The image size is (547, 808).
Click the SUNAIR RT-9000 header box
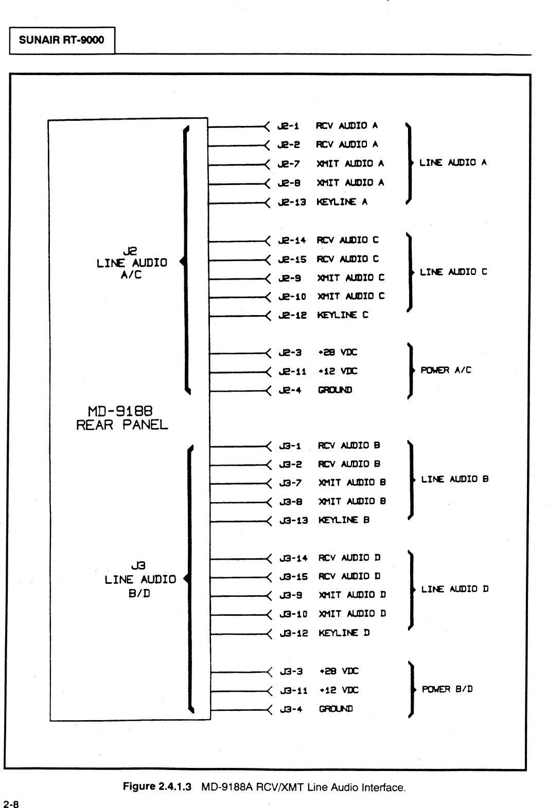[61, 40]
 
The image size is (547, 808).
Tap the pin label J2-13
[292, 202]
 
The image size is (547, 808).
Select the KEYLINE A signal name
[342, 202]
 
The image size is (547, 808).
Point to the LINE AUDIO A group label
[453, 163]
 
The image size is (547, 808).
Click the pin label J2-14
[292, 240]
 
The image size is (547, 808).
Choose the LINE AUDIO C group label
[453, 272]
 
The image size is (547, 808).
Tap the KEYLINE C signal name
[343, 315]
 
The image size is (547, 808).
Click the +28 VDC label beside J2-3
[338, 353]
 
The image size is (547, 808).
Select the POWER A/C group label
[446, 370]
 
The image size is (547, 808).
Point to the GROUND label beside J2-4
[335, 390]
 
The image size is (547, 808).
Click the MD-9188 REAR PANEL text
[122, 418]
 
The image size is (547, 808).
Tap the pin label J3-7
[291, 483]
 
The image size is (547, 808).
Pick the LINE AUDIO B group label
[454, 479]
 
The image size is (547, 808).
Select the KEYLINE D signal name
[344, 633]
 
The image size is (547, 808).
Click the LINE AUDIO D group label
[454, 589]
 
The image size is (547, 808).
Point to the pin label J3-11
[294, 691]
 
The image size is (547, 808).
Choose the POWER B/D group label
[447, 689]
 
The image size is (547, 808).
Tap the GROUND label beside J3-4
[336, 709]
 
